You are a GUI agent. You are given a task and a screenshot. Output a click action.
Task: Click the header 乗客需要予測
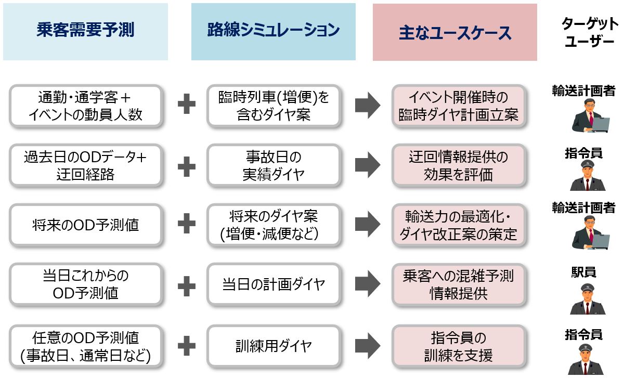coord(85,31)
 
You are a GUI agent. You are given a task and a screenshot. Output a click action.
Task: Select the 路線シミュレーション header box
coord(273,31)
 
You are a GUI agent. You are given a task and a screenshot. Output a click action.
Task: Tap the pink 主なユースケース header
coord(454,32)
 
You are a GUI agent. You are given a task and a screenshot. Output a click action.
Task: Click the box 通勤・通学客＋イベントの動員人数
coord(85,106)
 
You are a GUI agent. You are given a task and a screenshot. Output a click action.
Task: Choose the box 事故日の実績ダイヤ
coord(274,166)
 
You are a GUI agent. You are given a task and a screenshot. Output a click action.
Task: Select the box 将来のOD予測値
coord(85,225)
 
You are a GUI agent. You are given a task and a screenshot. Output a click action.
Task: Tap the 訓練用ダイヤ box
coord(274,345)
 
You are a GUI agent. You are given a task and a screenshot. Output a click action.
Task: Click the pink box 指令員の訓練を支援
coord(458,346)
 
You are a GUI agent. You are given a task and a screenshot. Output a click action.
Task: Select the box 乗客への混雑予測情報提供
coord(458,284)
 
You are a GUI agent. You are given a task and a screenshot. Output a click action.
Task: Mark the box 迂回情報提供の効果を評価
coord(458,166)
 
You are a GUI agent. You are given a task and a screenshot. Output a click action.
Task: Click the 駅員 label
coord(583,272)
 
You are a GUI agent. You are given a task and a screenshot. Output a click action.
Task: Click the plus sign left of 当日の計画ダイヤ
coord(187,284)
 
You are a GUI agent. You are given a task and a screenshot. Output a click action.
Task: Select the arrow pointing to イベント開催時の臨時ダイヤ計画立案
coord(368,106)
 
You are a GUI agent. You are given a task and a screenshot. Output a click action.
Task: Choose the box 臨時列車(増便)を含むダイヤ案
coord(274,106)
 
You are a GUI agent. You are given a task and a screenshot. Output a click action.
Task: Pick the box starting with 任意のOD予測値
coord(85,346)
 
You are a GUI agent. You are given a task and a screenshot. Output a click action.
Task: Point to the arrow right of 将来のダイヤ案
coord(368,225)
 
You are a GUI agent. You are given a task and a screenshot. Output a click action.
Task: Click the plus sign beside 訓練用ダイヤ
coord(187,345)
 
